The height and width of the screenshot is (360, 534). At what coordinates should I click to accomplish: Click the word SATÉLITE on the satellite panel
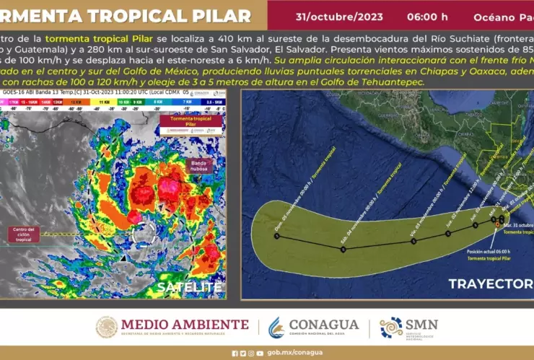coord(190,286)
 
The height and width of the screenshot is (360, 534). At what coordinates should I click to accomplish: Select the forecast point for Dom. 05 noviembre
coord(276,236)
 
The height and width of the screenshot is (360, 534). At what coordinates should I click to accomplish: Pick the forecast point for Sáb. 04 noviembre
coord(343,249)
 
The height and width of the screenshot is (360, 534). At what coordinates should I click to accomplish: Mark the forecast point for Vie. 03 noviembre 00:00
coord(413,241)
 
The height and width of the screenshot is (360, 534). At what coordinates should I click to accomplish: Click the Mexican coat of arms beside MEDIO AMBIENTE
coord(106,327)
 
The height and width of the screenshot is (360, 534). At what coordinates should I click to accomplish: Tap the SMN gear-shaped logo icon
coord(391,328)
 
